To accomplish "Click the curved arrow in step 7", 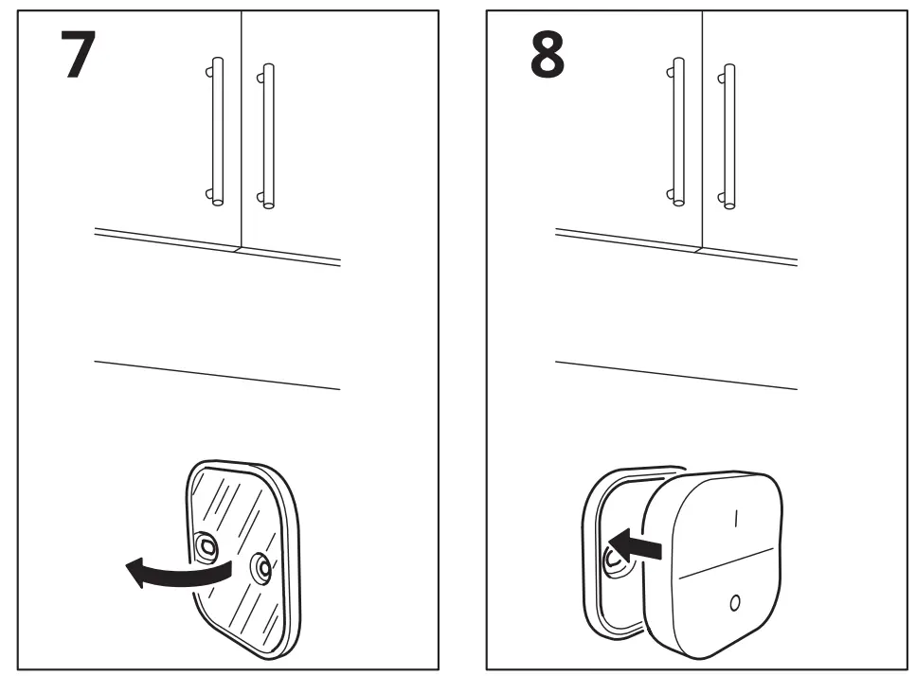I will tap(175, 572).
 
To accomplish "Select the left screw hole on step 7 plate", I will tap(207, 544).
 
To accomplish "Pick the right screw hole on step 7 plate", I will tap(260, 568).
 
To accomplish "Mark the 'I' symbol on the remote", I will tap(732, 518).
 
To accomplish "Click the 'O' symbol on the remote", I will tap(735, 603).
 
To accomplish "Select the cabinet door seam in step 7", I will tap(242, 123).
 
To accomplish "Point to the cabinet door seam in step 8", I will tap(702, 123).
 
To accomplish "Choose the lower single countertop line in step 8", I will tap(675, 375).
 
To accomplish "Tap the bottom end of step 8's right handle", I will tap(728, 201).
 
